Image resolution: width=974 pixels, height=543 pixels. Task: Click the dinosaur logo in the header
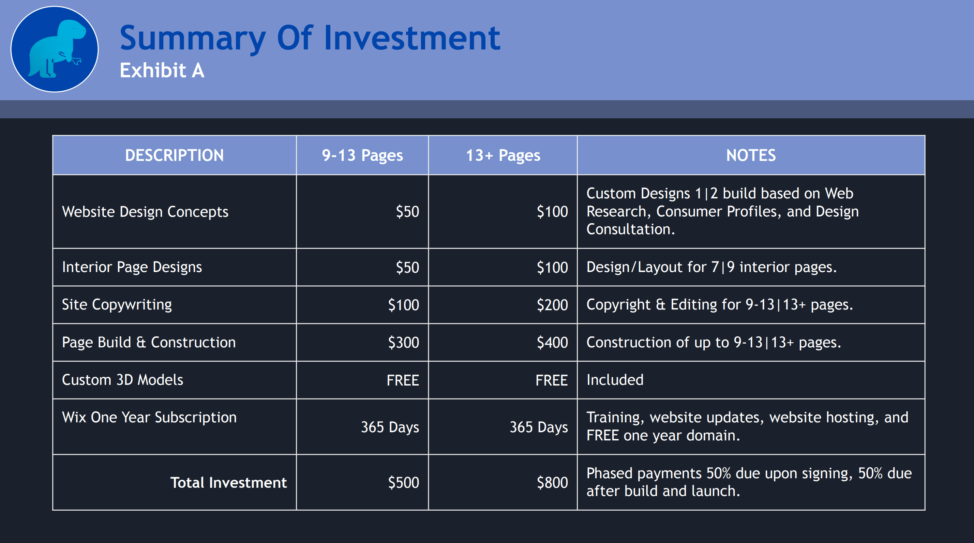55,49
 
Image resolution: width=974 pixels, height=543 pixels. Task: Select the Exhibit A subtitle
162,70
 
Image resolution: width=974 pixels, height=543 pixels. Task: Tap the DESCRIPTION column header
174,155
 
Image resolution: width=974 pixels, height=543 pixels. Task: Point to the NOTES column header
751,155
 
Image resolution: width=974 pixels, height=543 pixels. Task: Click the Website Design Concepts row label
145,212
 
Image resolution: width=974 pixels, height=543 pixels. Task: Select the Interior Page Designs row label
132,267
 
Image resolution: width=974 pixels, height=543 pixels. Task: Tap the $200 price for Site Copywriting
552,305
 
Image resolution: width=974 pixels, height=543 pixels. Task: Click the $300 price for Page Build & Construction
403,343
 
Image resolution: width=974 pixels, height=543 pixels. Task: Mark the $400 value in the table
552,343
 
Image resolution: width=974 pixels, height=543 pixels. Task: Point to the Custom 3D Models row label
122,380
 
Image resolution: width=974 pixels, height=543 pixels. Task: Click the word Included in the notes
615,380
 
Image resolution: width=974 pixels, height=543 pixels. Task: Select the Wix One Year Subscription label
149,418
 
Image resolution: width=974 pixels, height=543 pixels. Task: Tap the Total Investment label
228,483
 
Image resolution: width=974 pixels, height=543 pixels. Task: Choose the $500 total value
403,483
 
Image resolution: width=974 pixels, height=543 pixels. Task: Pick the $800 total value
552,483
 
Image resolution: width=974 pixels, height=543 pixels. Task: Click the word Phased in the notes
613,473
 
